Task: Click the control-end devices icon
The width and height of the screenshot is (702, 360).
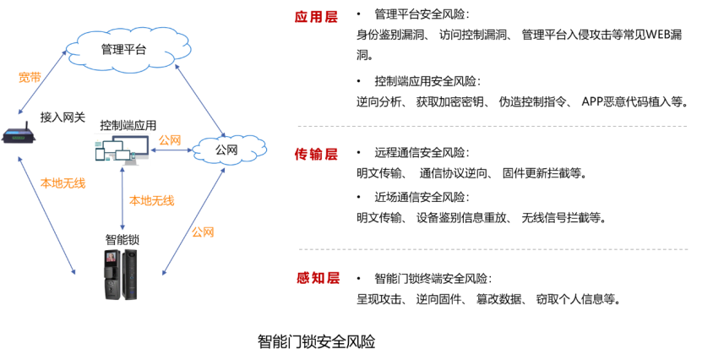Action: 122,150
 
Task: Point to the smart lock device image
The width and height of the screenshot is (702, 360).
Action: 121,274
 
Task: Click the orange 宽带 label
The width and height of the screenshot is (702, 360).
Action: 30,78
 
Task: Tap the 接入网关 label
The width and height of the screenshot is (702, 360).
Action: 63,117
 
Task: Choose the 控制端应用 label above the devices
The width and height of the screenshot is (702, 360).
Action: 128,125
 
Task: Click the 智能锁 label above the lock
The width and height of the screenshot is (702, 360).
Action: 122,239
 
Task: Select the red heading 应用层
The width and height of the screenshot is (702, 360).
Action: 316,17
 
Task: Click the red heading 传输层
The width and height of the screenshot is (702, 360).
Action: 316,154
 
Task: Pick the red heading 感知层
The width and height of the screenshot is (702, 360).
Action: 318,278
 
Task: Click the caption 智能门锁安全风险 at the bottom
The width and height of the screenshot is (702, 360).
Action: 317,341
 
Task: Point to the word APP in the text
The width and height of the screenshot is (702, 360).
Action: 592,101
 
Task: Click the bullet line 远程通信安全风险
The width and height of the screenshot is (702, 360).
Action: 422,153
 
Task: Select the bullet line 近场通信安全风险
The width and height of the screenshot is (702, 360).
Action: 422,197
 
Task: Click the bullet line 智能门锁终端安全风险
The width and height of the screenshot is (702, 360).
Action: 433,279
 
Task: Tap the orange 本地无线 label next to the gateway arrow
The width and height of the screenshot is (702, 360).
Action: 63,183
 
